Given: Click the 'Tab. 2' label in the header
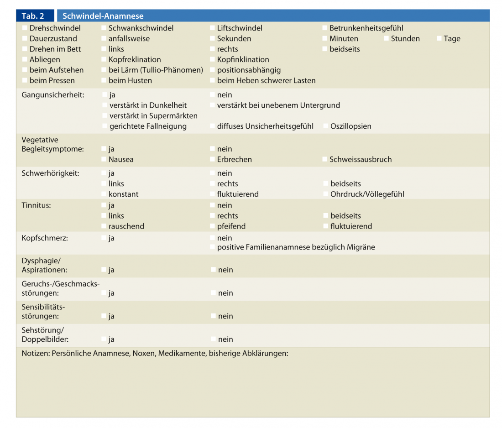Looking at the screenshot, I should pos(33,16).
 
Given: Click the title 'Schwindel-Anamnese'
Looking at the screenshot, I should pos(103,16).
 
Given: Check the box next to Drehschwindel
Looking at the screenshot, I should pos(25,28).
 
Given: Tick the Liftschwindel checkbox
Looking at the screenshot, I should pos(212,28).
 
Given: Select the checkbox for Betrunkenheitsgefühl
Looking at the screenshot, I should pos(324,28).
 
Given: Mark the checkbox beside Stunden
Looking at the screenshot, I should pos(386,39).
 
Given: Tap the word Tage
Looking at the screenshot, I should pos(452,39).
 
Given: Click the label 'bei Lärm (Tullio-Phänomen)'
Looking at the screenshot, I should pos(156,70).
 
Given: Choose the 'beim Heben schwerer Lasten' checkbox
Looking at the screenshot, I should pos(212,81).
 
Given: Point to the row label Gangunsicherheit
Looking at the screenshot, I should pos(52,95).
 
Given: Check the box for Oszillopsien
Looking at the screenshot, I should pos(325,126).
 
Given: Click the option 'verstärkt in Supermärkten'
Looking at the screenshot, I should pos(153,116).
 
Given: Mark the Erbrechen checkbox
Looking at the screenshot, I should pos(212,160).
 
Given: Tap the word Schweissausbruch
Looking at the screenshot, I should pos(361,160).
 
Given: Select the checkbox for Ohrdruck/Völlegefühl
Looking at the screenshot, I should pos(325,194).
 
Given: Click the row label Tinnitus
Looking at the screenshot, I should pos(36,205).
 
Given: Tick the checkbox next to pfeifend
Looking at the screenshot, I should pos(212,226).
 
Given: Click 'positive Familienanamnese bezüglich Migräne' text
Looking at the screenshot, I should pos(296,247).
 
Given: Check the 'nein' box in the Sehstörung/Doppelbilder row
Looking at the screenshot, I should pos(213,339).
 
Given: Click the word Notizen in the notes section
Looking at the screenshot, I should pos(36,354).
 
